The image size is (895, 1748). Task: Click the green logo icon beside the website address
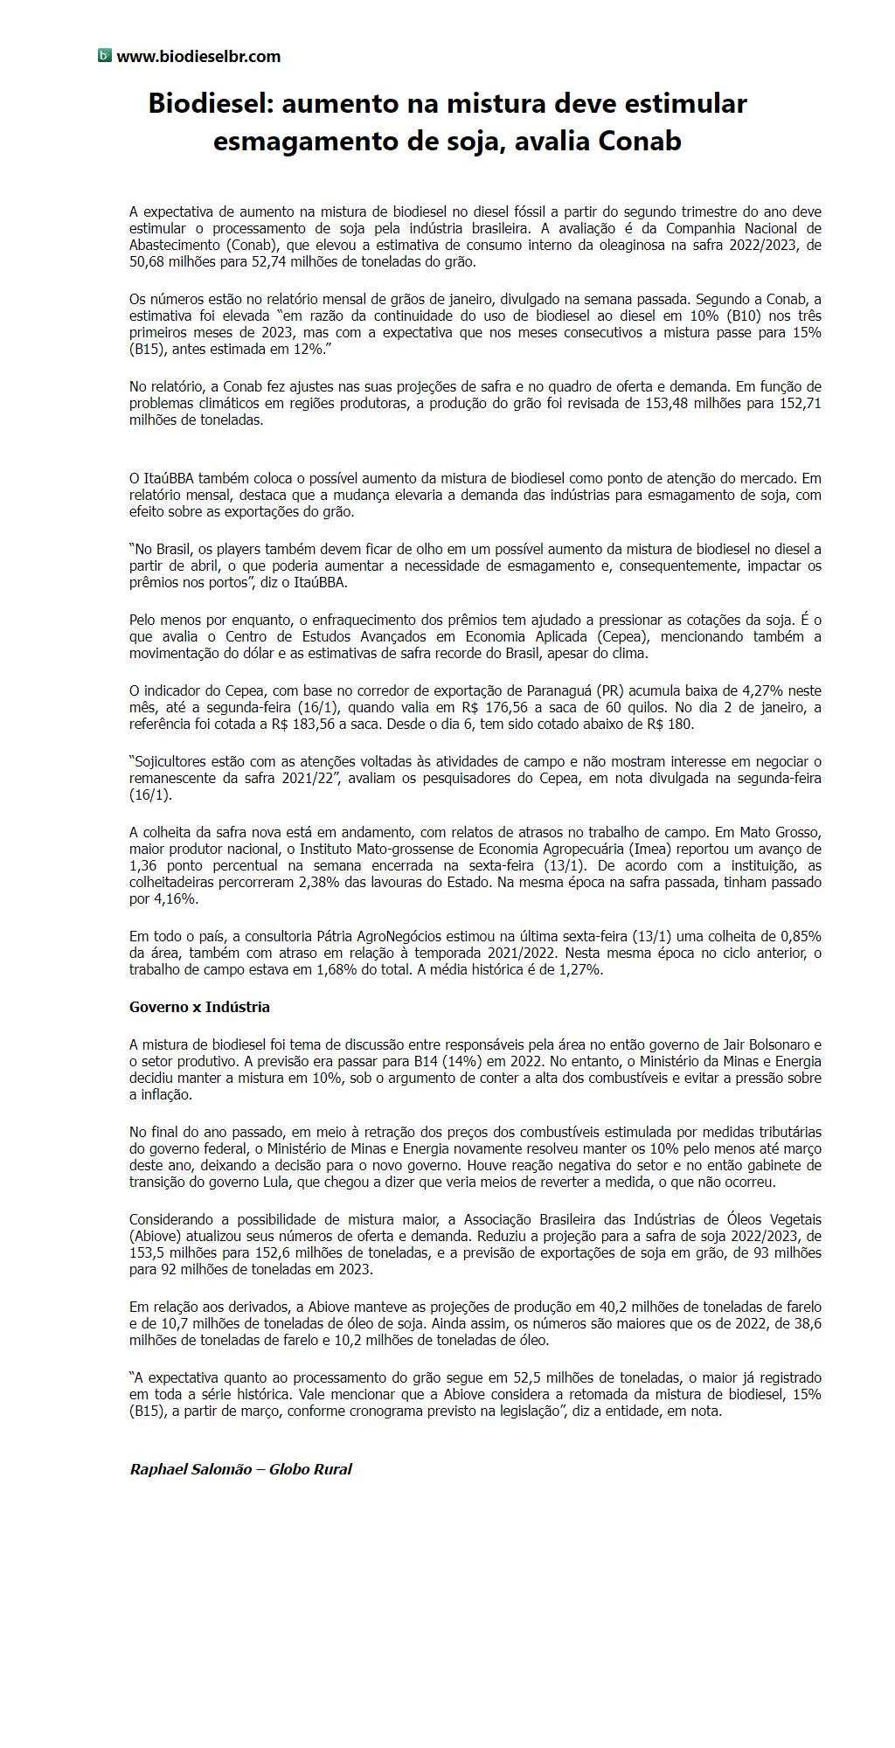coord(104,56)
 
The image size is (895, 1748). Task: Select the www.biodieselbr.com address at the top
coord(198,57)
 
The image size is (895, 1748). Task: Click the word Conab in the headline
coord(639,141)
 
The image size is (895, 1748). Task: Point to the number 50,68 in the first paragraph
coord(148,261)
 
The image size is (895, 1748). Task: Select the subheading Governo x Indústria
coord(199,1007)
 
